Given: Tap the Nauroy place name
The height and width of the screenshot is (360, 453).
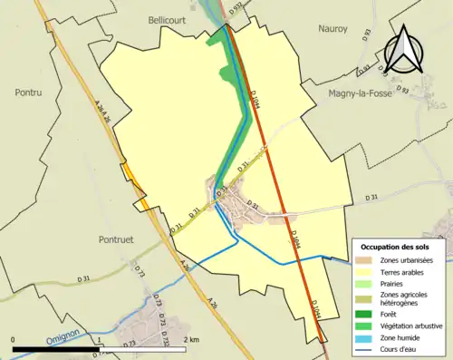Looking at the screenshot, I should (x=333, y=29).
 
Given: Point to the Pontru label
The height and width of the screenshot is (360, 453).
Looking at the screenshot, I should (x=30, y=92).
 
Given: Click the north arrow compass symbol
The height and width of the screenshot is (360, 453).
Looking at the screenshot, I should (x=400, y=49).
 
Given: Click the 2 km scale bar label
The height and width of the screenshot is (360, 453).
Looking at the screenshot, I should (x=190, y=340).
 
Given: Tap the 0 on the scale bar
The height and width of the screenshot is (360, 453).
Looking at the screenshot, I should (x=14, y=340).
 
